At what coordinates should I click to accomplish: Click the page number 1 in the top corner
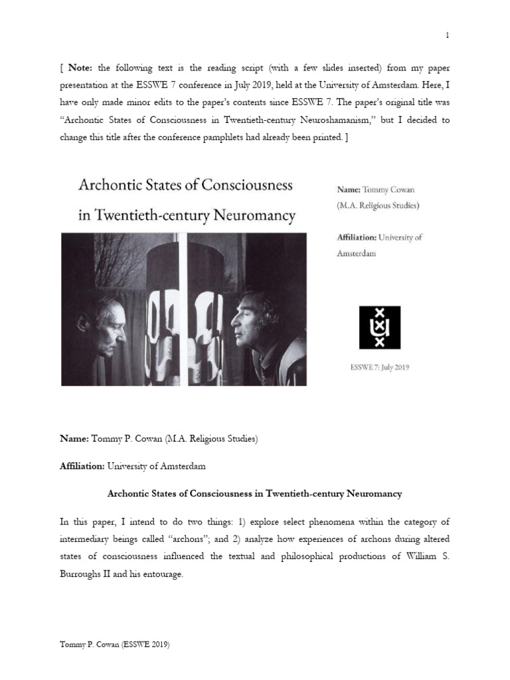point(448,35)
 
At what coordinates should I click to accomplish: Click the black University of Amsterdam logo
point(380,327)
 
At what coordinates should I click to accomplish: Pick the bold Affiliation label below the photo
point(82,466)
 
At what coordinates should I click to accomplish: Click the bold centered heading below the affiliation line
point(254,493)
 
